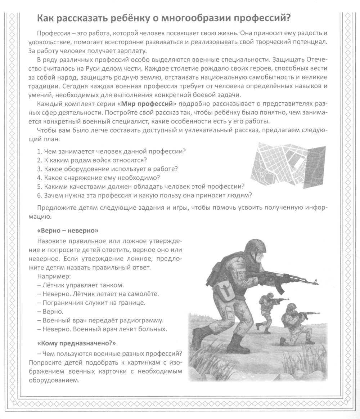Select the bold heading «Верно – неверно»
[x=67, y=230]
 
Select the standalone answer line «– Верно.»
[x=50, y=311]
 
